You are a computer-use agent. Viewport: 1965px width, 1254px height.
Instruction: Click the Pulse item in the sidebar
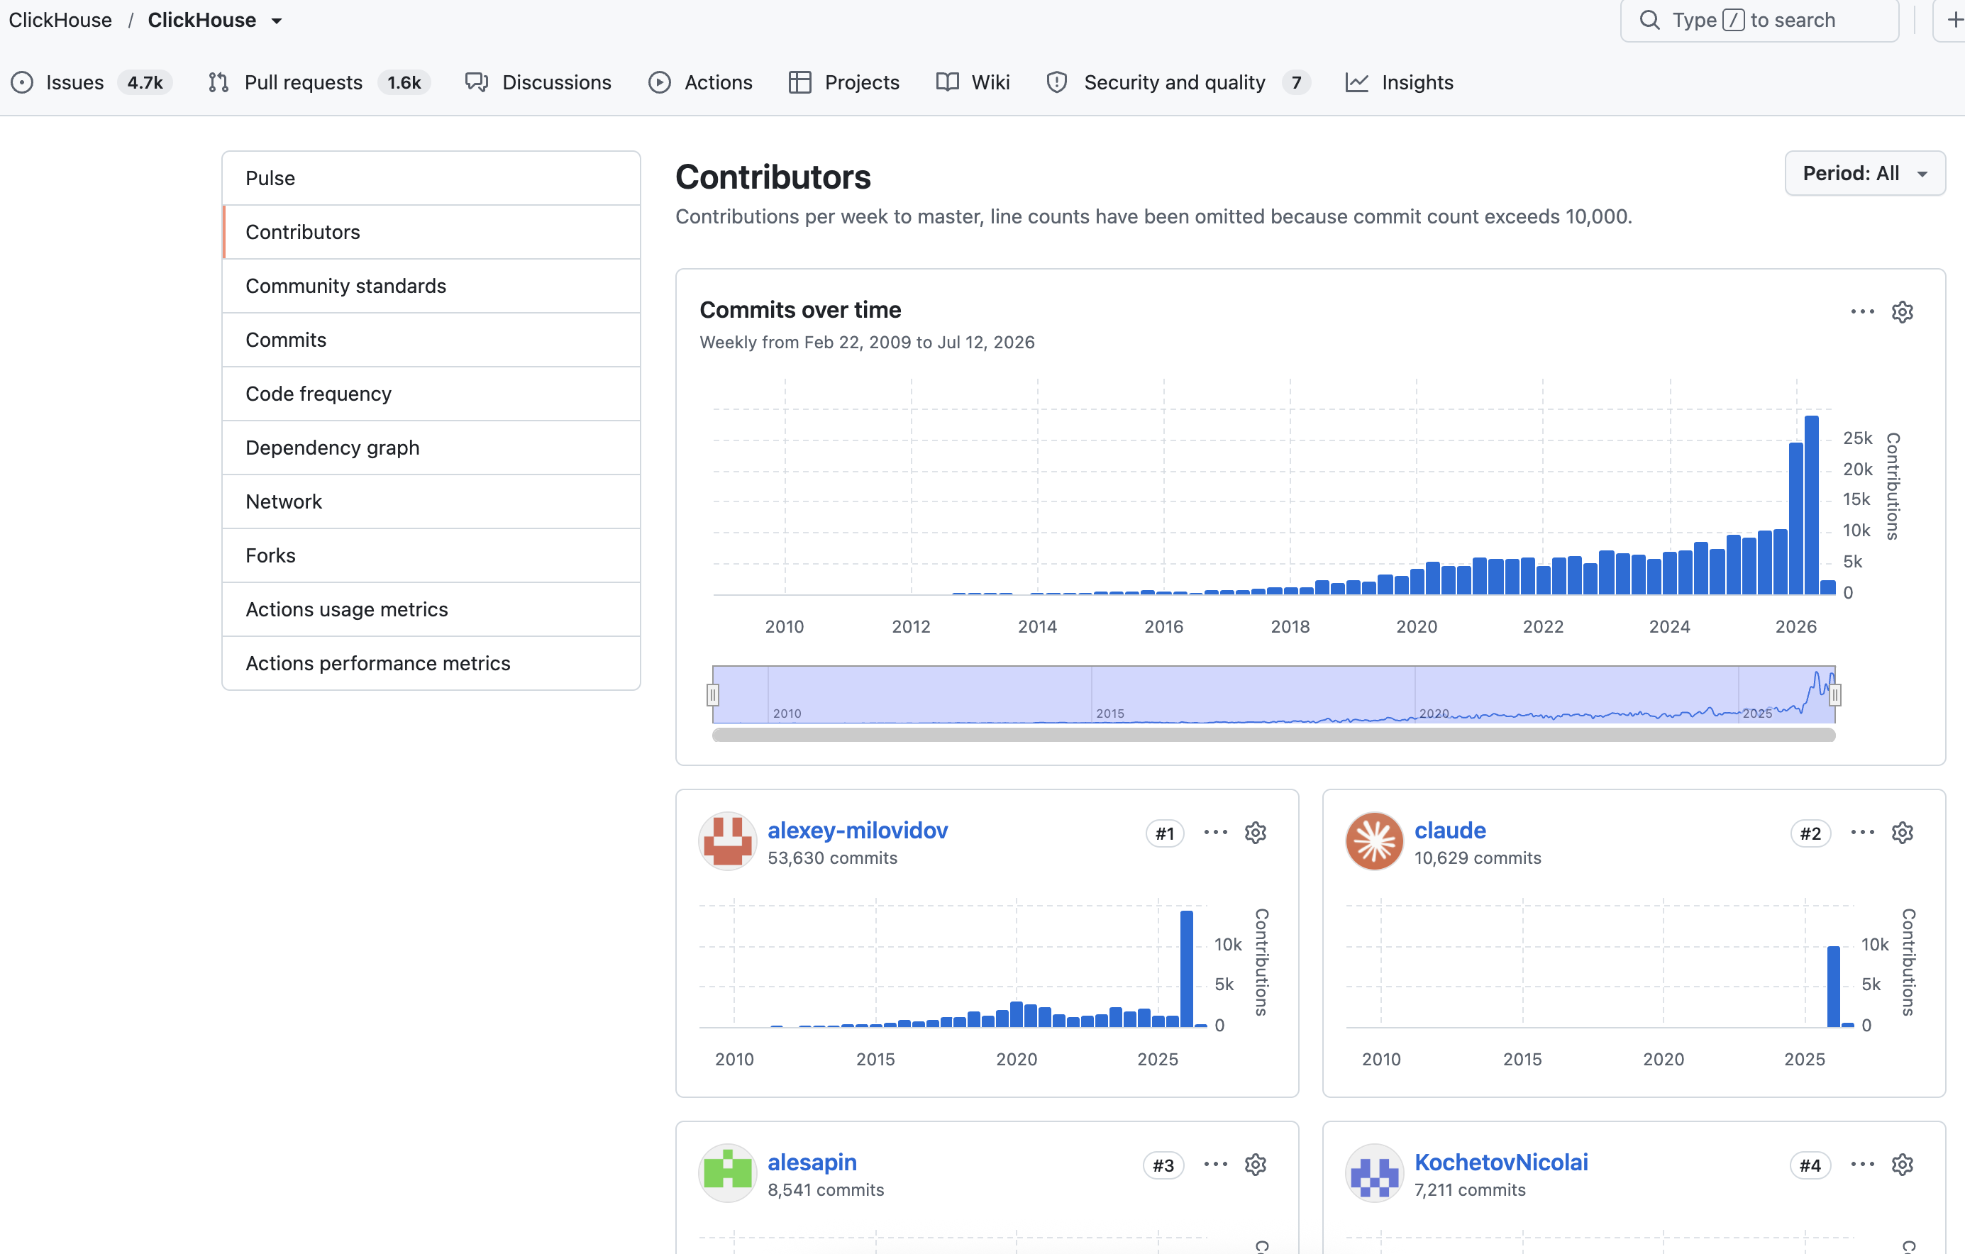click(x=270, y=178)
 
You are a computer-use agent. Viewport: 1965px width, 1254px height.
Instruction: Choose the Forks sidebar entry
click(x=270, y=555)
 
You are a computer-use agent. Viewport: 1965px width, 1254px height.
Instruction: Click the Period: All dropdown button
click(x=1865, y=173)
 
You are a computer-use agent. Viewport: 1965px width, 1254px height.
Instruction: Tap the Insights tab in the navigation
click(x=1400, y=82)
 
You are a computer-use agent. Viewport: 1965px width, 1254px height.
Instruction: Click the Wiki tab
click(x=973, y=82)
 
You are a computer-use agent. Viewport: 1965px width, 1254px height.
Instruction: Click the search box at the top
click(x=1759, y=20)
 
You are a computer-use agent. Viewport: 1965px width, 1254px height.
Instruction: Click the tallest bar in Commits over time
click(x=1811, y=504)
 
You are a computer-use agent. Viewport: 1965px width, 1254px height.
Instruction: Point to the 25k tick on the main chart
click(x=1857, y=438)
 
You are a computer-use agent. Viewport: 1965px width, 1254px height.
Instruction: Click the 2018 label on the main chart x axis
click(x=1290, y=626)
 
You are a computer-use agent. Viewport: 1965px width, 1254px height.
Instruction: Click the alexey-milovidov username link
click(x=858, y=830)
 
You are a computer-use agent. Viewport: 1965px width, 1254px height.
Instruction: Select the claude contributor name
click(x=1450, y=830)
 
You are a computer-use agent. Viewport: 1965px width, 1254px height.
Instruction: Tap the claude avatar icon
click(x=1374, y=841)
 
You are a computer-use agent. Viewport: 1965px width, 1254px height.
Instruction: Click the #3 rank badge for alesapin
click(x=1163, y=1165)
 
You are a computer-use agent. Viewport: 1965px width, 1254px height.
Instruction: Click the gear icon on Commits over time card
click(x=1902, y=311)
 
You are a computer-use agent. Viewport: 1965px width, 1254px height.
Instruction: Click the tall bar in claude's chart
click(x=1833, y=986)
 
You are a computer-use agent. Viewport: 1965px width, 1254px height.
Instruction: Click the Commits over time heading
click(x=800, y=309)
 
